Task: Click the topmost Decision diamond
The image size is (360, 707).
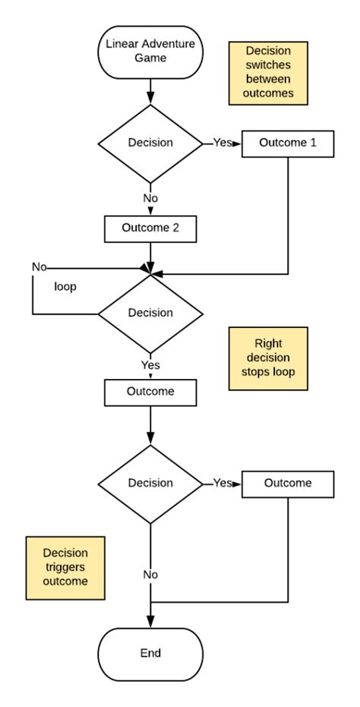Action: tap(150, 143)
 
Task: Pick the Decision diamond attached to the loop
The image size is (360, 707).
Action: tap(150, 312)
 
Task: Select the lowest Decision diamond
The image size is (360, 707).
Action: tap(150, 483)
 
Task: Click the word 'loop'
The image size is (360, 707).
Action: tap(64, 289)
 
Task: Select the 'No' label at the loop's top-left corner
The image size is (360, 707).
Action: tap(38, 267)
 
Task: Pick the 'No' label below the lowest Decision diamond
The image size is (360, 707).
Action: tap(150, 574)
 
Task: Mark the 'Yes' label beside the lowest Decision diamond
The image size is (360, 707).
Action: tap(222, 483)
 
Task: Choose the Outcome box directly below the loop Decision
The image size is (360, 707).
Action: tap(150, 392)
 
